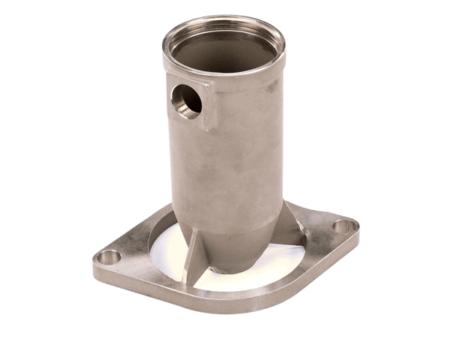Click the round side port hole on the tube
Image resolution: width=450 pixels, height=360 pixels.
pyautogui.click(x=186, y=100)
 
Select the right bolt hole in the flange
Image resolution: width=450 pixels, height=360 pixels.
pyautogui.click(x=343, y=225)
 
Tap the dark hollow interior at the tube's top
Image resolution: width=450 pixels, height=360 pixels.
pyautogui.click(x=223, y=54)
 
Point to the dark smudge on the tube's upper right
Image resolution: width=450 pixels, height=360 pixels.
pyautogui.click(x=271, y=88)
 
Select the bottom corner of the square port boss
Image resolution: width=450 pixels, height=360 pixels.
pyautogui.click(x=203, y=128)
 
